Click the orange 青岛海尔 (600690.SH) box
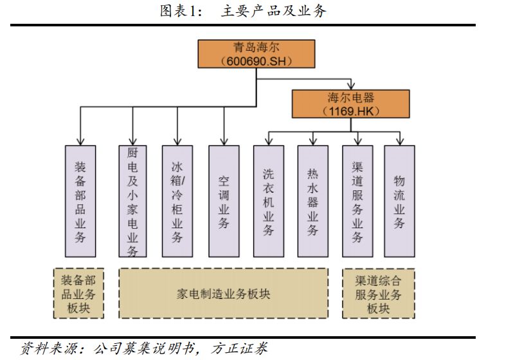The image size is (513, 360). point(256,55)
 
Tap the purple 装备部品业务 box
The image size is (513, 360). point(80,201)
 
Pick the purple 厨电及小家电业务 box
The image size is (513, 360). point(133,201)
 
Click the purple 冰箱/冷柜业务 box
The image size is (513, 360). point(177,201)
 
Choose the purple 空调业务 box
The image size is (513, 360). point(224,201)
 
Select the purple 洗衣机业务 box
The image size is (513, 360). point(269,201)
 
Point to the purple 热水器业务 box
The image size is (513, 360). point(313,201)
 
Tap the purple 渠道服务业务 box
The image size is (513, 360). point(357,201)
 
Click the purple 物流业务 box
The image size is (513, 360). point(399,201)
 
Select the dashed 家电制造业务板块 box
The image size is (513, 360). point(223,294)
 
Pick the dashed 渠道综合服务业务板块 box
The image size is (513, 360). point(378,294)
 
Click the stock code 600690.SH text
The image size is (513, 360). point(256,61)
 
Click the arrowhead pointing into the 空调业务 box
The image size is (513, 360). point(224,141)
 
